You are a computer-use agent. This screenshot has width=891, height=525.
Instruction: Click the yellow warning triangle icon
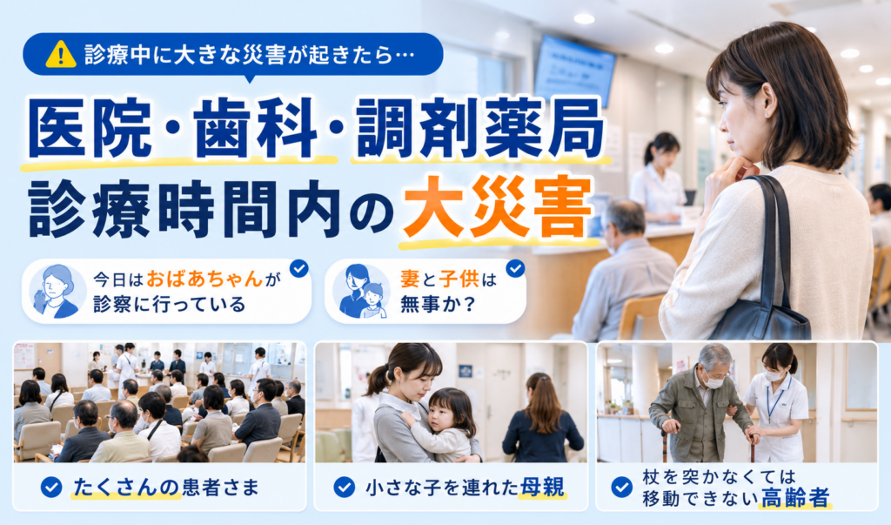[x=61, y=54]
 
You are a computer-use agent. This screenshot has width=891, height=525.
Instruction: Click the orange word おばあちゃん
[x=204, y=279]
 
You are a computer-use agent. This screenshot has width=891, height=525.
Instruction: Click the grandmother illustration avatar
[x=56, y=291]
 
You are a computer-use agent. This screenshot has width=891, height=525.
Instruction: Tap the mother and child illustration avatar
[x=360, y=291]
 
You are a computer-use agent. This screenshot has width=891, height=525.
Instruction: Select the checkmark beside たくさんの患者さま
[x=51, y=488]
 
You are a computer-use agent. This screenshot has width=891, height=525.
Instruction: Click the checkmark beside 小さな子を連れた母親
[x=344, y=488]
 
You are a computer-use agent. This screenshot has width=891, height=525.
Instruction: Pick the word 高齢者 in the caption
[x=795, y=498]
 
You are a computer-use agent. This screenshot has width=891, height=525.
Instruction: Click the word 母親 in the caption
[x=541, y=488]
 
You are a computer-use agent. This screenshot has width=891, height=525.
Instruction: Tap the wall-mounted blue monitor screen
[x=574, y=71]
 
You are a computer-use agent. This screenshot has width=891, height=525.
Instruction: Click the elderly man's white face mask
[x=713, y=381]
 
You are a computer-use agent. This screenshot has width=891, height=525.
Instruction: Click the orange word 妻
[x=410, y=279]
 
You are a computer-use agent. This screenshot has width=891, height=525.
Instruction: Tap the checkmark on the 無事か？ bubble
[x=515, y=268]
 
